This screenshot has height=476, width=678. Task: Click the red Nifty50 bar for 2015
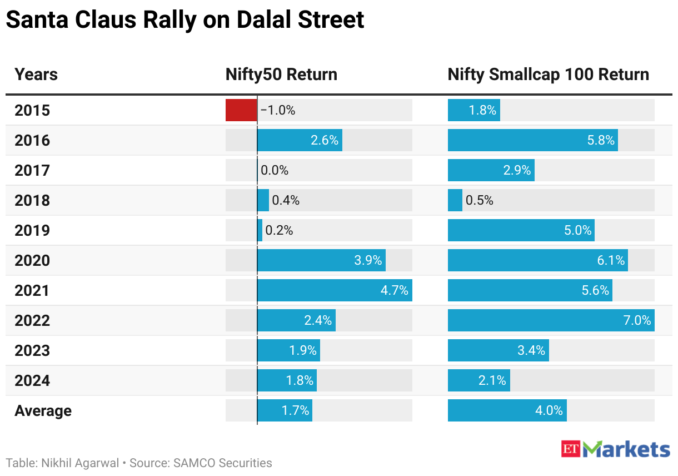click(x=241, y=110)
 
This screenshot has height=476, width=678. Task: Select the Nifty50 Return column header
click(x=281, y=75)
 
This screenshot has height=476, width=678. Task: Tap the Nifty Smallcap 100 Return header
click(x=548, y=75)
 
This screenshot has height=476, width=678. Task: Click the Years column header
click(x=36, y=75)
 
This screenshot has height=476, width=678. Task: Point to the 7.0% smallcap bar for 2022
click(x=551, y=320)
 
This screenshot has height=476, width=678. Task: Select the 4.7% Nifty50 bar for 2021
click(x=335, y=290)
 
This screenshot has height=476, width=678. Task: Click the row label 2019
click(x=32, y=230)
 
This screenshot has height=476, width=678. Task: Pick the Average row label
click(x=43, y=410)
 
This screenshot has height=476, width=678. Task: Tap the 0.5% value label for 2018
click(x=480, y=200)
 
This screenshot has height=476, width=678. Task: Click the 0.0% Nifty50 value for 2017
click(x=275, y=170)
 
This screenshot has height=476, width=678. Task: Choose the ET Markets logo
click(x=615, y=449)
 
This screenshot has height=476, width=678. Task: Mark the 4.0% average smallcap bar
click(x=507, y=410)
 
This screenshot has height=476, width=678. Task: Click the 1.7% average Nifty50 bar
click(x=285, y=410)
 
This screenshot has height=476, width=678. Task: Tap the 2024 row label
click(x=32, y=380)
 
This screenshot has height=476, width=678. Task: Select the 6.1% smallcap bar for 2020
click(x=537, y=260)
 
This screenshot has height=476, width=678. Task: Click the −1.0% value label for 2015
click(x=278, y=110)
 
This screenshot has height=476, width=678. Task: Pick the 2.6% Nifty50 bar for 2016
click(x=300, y=140)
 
